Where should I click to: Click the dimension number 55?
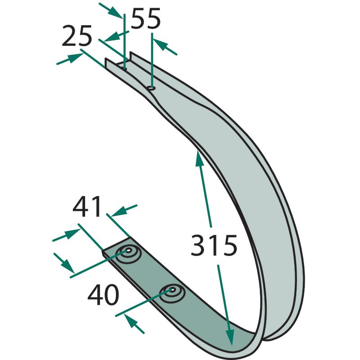[x=145, y=18]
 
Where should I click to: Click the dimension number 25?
[x=77, y=36]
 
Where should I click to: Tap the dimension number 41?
[x=87, y=206]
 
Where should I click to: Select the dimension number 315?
[x=214, y=245]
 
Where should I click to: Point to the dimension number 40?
[x=103, y=295]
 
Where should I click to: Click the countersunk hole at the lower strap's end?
[x=128, y=253]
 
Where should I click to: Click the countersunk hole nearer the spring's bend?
[x=172, y=294]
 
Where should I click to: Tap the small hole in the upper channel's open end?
[x=125, y=68]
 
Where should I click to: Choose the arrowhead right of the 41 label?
[x=120, y=211]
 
